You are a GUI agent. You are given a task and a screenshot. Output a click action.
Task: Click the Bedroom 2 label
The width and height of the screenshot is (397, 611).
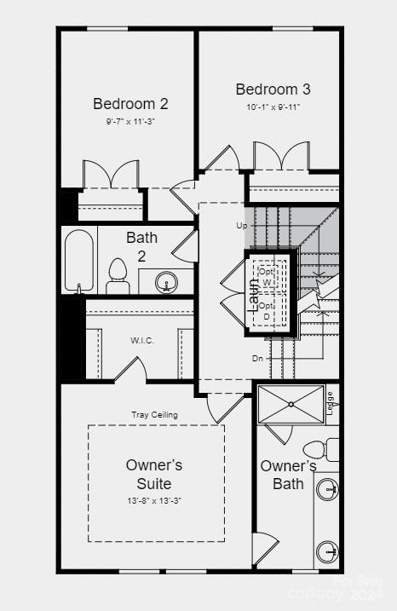(x=130, y=104)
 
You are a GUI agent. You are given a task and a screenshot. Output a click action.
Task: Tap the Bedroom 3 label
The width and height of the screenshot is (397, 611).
(x=273, y=89)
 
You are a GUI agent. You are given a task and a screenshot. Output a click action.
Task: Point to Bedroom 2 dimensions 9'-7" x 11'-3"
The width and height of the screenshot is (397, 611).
(x=130, y=122)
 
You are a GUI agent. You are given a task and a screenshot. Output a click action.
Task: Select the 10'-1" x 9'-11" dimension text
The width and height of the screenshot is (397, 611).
(x=273, y=107)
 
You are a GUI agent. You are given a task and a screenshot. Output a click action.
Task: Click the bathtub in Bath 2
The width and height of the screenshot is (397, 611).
(x=79, y=260)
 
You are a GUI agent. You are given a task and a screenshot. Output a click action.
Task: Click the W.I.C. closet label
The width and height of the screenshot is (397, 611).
(x=141, y=341)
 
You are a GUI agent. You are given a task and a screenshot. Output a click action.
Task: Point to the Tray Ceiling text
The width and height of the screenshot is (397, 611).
(x=154, y=415)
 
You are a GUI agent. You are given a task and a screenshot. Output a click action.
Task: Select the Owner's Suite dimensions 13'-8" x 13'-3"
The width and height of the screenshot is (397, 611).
(x=154, y=501)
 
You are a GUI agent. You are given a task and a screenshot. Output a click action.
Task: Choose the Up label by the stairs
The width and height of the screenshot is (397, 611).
(x=242, y=226)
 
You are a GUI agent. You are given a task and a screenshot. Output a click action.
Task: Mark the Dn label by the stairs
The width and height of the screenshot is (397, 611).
(x=257, y=358)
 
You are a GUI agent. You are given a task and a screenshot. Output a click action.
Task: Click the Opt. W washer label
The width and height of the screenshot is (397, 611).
(x=267, y=276)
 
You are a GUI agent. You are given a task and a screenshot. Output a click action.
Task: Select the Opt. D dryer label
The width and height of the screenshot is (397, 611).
(x=267, y=310)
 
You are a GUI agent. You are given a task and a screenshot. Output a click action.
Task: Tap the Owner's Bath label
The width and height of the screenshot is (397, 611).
(x=288, y=476)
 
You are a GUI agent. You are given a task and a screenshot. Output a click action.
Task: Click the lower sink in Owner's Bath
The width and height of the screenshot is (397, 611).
(x=326, y=551)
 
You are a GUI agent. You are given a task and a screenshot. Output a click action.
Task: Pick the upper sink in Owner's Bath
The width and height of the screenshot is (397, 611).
(x=326, y=490)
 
